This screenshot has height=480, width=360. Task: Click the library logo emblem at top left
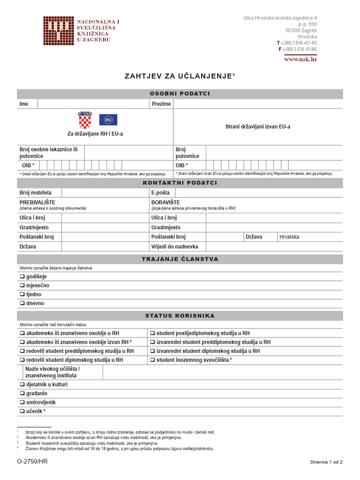click(x=59, y=31)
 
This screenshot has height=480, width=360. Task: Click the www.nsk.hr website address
click(x=300, y=59)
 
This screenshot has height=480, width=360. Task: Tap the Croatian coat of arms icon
click(x=85, y=120)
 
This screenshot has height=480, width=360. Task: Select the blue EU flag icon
click(x=108, y=120)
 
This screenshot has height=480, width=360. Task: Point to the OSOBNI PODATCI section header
click(x=180, y=94)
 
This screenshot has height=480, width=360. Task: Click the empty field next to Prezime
click(x=258, y=104)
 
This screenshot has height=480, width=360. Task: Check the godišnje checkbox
click(x=22, y=277)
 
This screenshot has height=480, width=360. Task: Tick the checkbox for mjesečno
click(x=22, y=285)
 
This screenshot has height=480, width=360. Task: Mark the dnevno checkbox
click(x=22, y=303)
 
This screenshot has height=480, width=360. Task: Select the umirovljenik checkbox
click(x=22, y=402)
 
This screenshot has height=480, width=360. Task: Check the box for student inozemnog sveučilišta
click(x=153, y=360)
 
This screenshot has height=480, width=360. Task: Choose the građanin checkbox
click(x=22, y=393)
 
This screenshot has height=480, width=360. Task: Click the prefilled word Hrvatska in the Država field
click(x=289, y=237)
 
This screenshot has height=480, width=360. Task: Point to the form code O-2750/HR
click(x=32, y=462)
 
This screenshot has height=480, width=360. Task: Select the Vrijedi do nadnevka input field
click(x=274, y=247)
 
